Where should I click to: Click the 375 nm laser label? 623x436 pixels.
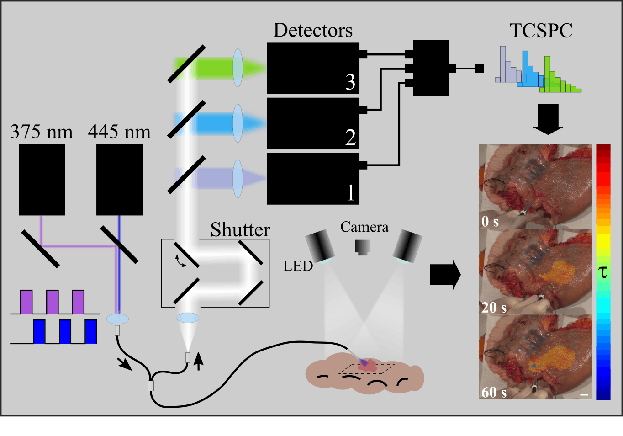[x=42, y=132]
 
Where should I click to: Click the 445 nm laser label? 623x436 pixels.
[x=119, y=132]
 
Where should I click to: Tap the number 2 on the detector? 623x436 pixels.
[x=350, y=137]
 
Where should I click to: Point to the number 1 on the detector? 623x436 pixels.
[x=350, y=192]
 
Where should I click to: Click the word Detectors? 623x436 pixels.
[x=313, y=31]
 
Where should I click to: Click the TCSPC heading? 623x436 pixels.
[x=541, y=31]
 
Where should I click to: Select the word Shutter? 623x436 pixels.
[x=240, y=230]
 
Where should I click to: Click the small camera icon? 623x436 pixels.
[x=363, y=247]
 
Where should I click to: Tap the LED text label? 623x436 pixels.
[x=298, y=266]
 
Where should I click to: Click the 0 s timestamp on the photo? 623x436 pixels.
[x=490, y=222]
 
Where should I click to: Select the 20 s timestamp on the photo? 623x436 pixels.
[x=494, y=308]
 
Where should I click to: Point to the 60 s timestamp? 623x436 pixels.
[x=494, y=393]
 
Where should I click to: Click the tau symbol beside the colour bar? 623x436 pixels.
[x=603, y=272]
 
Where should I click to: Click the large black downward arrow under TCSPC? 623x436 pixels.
[x=548, y=119]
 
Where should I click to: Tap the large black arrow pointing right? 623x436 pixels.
[x=445, y=275]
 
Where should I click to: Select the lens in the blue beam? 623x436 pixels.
[x=238, y=123]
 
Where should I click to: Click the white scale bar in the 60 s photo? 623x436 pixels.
[x=584, y=394]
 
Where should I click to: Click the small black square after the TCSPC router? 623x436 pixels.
[x=479, y=69]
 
